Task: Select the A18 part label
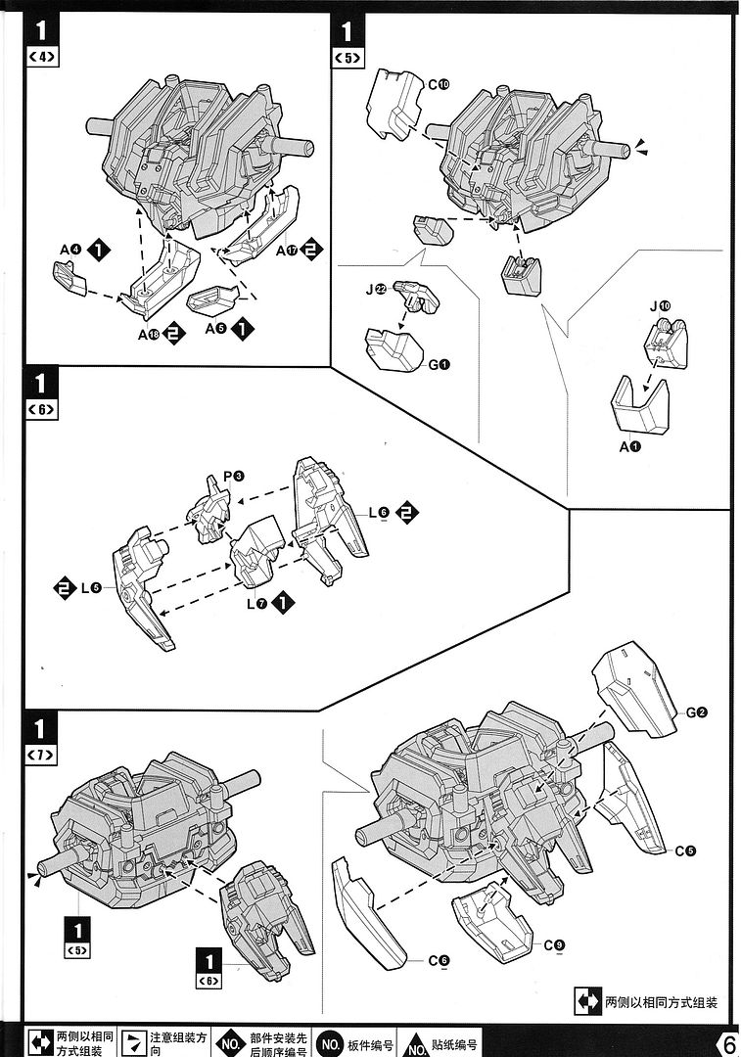pyautogui.click(x=149, y=335)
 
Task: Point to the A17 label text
pyautogui.click(x=285, y=251)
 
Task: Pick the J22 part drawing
pyautogui.click(x=415, y=295)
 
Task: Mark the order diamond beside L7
pyautogui.click(x=284, y=602)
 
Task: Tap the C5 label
pyautogui.click(x=684, y=850)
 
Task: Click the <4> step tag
pyautogui.click(x=43, y=57)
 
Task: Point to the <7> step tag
pyautogui.click(x=43, y=755)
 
